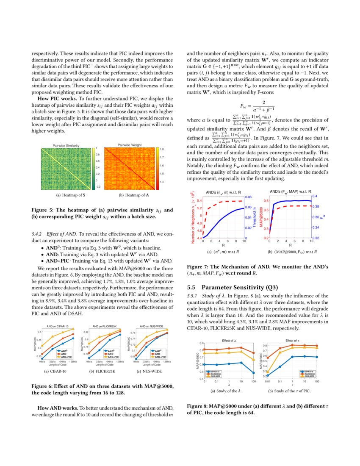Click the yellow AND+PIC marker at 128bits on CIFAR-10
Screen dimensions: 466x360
tap(73, 328)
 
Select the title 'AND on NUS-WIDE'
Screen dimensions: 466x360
tap(152, 326)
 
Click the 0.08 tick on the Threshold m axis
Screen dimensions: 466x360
tap(249, 197)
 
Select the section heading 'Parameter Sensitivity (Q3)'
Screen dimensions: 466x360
tap(237, 287)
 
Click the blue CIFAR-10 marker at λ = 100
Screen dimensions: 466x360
tap(253, 373)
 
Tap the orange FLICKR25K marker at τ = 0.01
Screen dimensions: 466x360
tap(268, 358)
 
